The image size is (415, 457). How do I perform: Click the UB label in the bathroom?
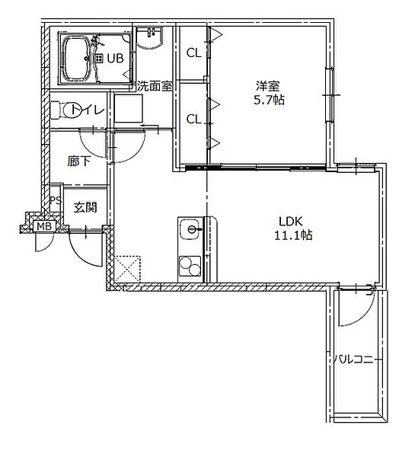tap(115, 59)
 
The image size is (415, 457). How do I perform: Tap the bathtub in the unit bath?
tap(77, 59)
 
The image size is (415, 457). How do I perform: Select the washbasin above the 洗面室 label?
tap(149, 37)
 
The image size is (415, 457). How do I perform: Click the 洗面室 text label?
tap(155, 86)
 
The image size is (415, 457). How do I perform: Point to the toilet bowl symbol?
tap(65, 110)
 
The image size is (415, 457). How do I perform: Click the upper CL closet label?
tap(194, 53)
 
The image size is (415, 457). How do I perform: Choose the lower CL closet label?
tap(194, 119)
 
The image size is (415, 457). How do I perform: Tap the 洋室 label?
tap(267, 86)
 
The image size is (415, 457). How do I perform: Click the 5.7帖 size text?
tap(269, 100)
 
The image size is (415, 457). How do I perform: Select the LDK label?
tap(291, 221)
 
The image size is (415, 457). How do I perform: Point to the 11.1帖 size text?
tap(293, 235)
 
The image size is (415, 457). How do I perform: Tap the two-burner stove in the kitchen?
tap(190, 266)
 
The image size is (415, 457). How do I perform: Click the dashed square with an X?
tap(128, 269)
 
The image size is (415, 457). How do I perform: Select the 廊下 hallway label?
tap(79, 161)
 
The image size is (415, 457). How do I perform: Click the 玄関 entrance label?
tap(85, 207)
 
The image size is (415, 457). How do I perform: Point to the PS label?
tap(56, 200)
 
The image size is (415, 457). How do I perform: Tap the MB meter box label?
tap(44, 226)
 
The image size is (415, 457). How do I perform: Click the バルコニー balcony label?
tap(353, 359)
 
